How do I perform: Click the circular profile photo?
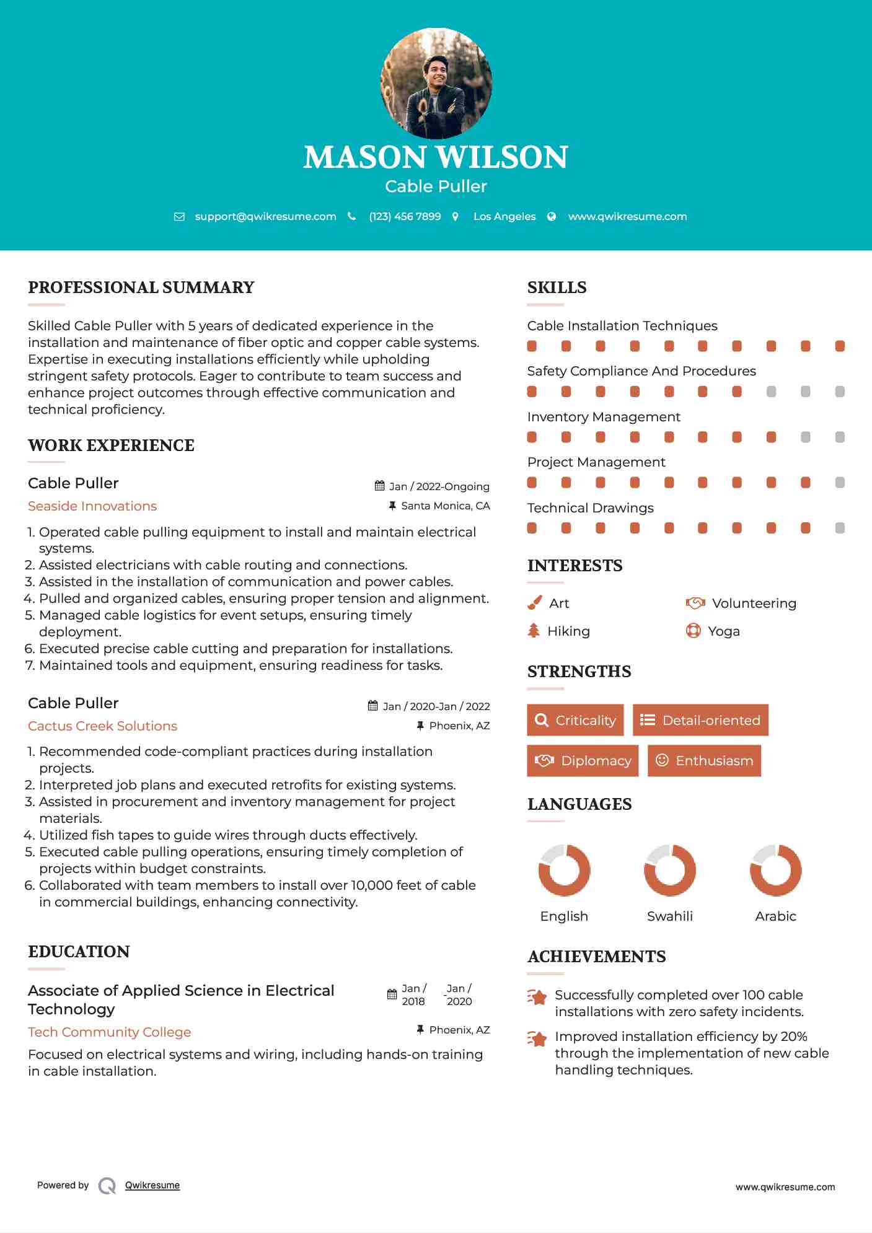[436, 83]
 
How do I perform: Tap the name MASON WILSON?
[436, 157]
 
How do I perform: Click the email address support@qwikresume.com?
[265, 217]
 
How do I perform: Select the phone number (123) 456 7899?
[405, 217]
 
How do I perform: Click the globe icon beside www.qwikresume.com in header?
[552, 217]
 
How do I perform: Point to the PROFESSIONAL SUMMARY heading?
[141, 287]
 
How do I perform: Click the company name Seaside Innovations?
[92, 506]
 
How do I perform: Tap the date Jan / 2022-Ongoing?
[439, 487]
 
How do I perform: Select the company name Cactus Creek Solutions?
[102, 726]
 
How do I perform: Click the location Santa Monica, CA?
[445, 506]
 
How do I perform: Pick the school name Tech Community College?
[109, 1032]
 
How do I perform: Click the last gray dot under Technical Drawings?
[840, 529]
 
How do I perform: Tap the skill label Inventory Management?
[604, 417]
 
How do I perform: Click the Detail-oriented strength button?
[700, 720]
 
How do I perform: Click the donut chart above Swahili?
[670, 871]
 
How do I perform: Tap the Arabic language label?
[775, 916]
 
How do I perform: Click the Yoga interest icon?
[693, 631]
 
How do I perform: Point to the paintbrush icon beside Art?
[534, 603]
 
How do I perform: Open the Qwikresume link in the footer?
[152, 1185]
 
